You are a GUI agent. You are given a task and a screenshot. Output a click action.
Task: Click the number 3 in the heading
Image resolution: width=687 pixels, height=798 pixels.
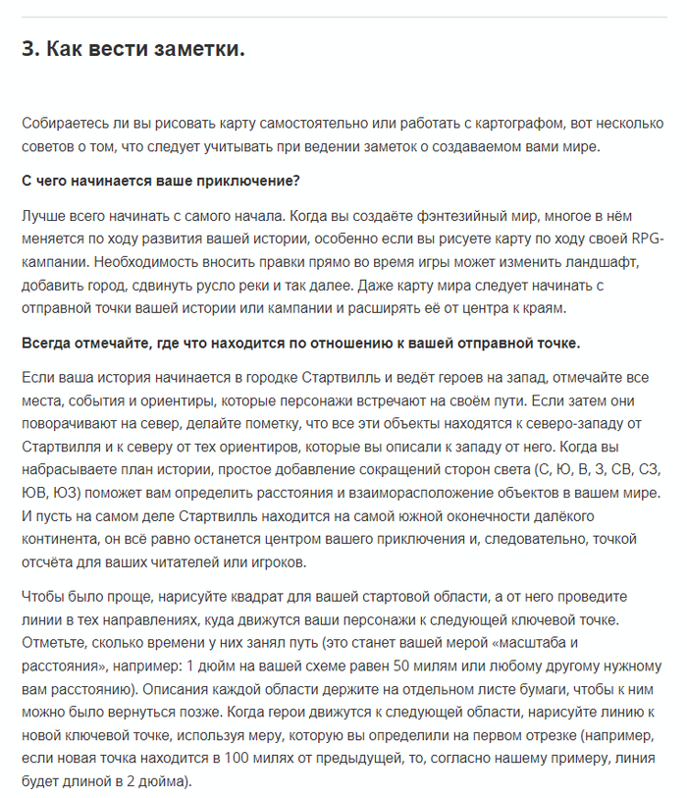tap(28, 48)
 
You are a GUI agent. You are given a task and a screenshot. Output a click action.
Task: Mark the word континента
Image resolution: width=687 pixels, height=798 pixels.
tap(60, 539)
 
